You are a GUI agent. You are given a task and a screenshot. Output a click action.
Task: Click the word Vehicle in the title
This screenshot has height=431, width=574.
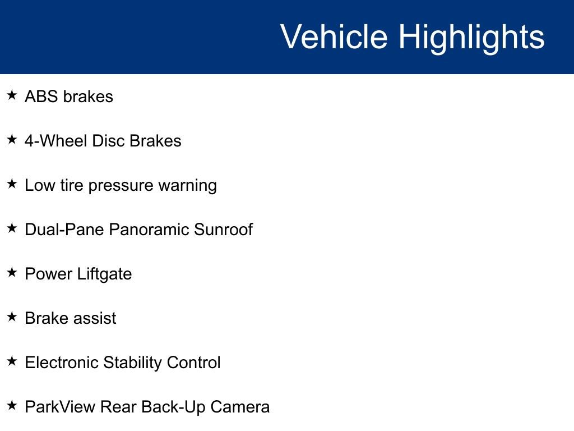point(334,37)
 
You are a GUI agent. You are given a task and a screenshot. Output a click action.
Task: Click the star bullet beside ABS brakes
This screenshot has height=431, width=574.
point(12,95)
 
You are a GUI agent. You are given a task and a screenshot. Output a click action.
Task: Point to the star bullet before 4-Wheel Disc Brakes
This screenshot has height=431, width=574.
point(12,140)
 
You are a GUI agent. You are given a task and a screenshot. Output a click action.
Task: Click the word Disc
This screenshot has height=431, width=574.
point(108,141)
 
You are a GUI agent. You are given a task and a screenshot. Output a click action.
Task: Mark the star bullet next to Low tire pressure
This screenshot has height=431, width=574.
point(12,184)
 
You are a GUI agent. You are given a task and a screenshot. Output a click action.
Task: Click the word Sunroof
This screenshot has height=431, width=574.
point(223,230)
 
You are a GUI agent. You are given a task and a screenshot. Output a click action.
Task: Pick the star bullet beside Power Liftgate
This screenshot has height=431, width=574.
point(12,273)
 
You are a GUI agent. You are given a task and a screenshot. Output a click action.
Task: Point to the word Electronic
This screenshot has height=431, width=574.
point(62,363)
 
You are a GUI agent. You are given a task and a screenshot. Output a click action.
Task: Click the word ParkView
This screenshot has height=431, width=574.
point(60,407)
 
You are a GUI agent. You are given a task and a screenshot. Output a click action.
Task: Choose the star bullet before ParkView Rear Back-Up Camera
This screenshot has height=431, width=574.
point(12,406)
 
